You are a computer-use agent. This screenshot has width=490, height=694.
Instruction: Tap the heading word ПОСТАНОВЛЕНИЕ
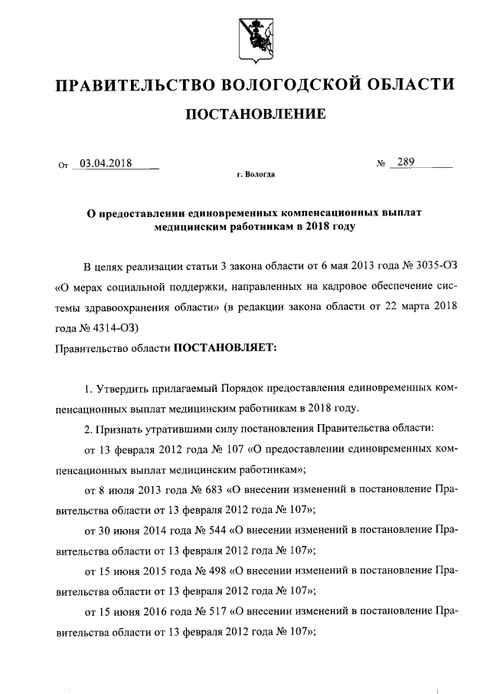[x=256, y=115]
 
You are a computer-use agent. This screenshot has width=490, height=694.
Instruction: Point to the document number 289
[x=407, y=162]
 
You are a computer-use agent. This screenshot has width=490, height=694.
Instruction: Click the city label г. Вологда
[x=256, y=175]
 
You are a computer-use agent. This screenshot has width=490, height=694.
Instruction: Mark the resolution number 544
[x=207, y=529]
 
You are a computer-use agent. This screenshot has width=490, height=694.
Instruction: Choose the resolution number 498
[x=207, y=571]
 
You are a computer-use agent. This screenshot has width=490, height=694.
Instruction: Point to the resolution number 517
[x=207, y=612]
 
